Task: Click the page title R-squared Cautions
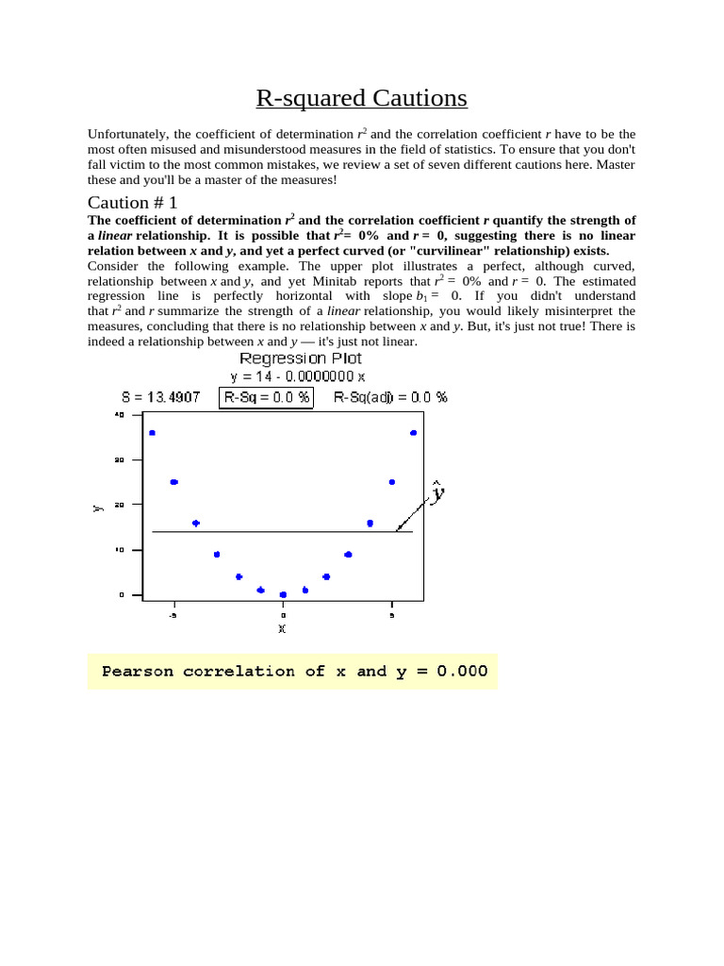pos(361,98)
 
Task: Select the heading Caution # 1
pos(132,202)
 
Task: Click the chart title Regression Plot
pos(300,358)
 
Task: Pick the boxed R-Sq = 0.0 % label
pos(267,397)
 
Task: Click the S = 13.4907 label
pos(160,397)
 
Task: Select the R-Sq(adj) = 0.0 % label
pos(390,397)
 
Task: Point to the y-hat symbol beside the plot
pos(437,493)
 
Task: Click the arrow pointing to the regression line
pos(412,515)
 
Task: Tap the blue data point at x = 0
pos(283,594)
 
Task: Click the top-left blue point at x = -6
pos(152,433)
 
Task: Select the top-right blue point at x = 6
pos(413,433)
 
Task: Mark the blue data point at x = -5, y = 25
pos(173,482)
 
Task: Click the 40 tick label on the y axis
pos(119,415)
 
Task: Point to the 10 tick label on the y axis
pos(119,550)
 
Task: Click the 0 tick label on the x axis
pos(283,615)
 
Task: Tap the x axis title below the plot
pos(282,628)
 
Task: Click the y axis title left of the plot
pos(97,508)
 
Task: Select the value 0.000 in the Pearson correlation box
pos(456,672)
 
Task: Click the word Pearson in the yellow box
pos(139,672)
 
